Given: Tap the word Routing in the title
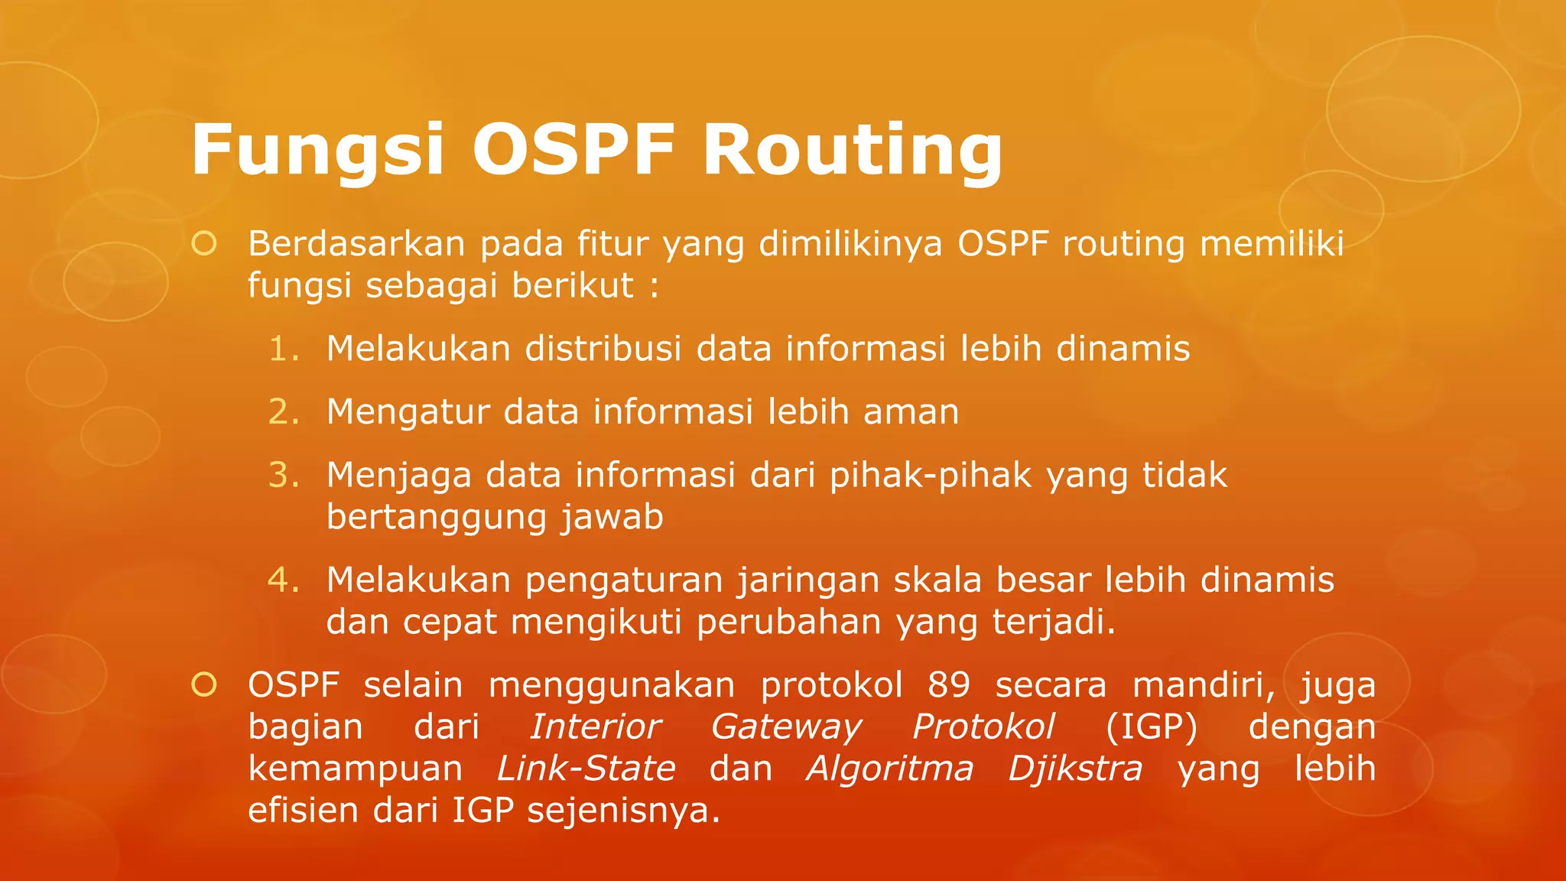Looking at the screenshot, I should point(852,150).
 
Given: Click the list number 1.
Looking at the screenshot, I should point(284,349).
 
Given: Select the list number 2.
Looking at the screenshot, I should point(284,412).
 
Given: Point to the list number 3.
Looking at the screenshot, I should point(284,475).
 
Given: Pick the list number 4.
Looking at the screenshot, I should point(284,580).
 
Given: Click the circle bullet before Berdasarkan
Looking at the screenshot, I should point(204,244).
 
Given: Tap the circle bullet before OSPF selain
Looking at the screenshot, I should point(204,684).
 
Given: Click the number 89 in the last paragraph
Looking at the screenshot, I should point(948,685).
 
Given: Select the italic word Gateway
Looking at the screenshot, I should point(786,727).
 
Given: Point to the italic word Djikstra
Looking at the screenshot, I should point(1075,769).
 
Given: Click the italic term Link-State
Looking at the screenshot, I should point(586,769).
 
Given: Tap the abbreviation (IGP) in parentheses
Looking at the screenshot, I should point(1151,727).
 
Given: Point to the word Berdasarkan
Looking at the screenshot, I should point(356,244).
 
